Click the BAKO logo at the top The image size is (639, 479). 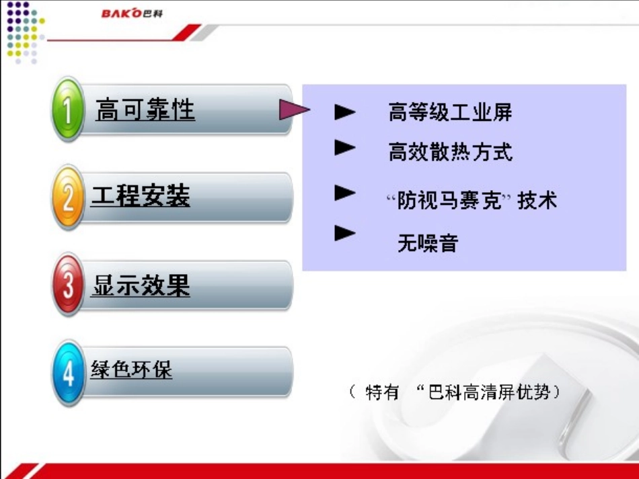132,13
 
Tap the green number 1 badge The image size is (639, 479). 68,109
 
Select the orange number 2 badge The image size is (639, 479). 68,198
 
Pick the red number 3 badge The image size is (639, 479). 68,285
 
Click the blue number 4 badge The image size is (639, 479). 68,373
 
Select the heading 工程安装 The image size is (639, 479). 140,195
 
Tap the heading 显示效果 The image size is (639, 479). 141,286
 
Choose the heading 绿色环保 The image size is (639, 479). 131,369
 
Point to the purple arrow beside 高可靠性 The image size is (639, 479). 294,110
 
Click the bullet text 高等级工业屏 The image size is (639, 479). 450,112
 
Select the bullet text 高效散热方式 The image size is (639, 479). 450,153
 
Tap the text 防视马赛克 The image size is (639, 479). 449,200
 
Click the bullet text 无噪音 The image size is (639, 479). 428,243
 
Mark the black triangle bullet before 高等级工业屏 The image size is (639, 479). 345,112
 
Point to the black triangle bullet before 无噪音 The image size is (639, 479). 345,233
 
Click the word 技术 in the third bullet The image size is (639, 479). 537,200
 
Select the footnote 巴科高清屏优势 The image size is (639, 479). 488,392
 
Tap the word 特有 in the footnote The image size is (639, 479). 381,392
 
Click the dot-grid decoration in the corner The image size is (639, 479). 24,32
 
